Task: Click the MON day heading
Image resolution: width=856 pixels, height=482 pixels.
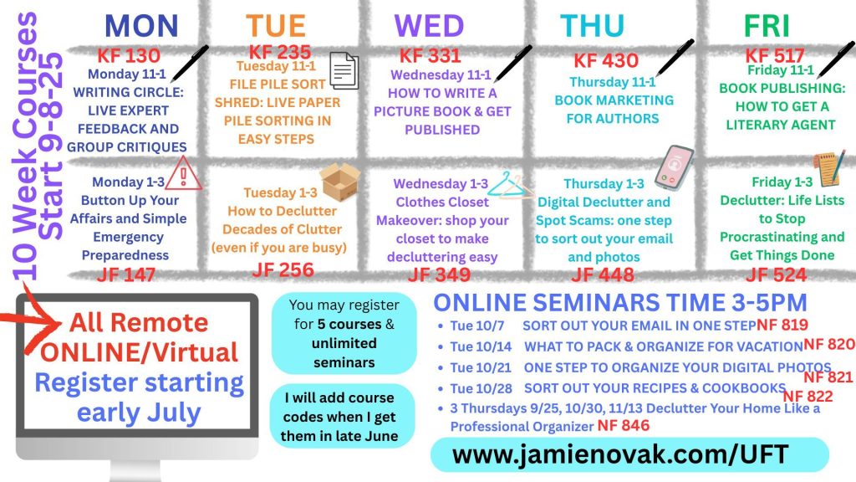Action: tap(141, 26)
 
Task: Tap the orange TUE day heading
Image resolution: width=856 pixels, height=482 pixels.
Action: tap(275, 26)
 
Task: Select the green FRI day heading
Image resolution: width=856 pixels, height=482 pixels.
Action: tap(767, 26)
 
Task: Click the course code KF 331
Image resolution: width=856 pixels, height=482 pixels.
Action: tap(431, 56)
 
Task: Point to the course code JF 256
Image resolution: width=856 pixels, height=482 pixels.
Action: tap(283, 269)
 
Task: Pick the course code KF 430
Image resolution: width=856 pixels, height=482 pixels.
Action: tap(606, 60)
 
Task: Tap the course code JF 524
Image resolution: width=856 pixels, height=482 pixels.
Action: tap(776, 274)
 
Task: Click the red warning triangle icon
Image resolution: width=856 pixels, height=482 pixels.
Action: tap(183, 173)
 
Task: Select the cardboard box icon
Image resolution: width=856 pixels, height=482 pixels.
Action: tap(339, 182)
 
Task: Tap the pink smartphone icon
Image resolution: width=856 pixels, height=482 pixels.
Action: tap(674, 167)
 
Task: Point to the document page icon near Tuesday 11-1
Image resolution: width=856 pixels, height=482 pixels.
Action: tap(344, 70)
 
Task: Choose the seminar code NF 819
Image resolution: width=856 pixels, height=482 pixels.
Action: tap(782, 325)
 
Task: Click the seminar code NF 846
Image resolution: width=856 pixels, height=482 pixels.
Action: tap(624, 426)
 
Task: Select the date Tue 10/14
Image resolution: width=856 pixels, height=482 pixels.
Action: tap(481, 346)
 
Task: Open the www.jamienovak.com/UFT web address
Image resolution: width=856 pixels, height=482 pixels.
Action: tap(620, 454)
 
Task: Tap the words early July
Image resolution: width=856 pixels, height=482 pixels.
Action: tap(139, 413)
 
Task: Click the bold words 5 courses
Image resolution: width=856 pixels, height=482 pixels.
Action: tap(349, 324)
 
